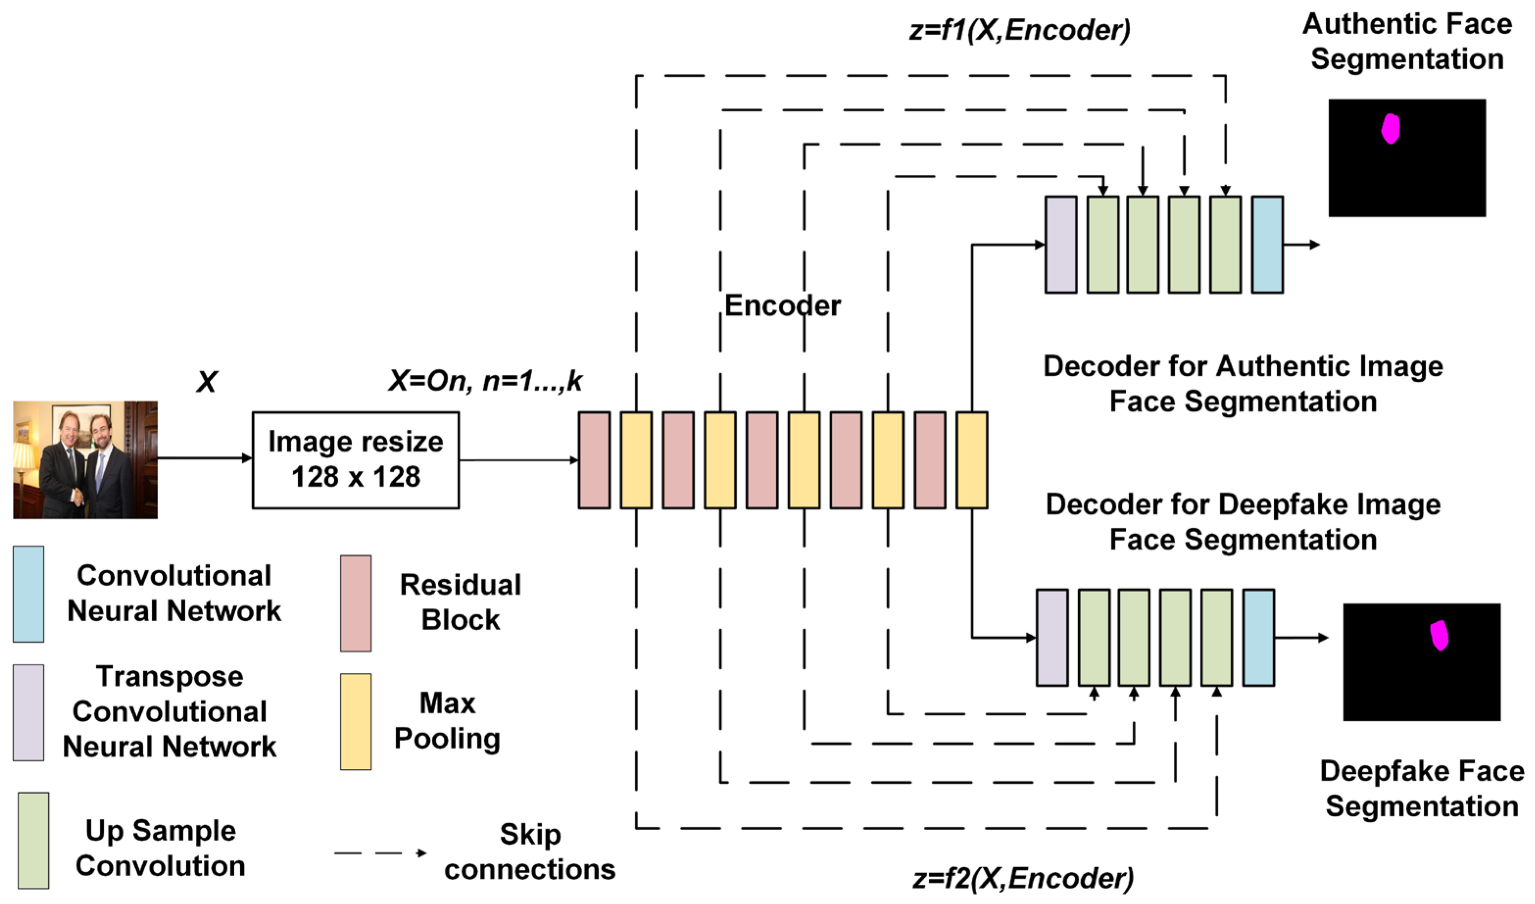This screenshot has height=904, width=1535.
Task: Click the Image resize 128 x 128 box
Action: pyautogui.click(x=356, y=460)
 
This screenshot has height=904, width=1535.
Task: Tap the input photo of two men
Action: pyautogui.click(x=85, y=460)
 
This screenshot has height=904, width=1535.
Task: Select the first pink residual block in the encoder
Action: pyautogui.click(x=594, y=460)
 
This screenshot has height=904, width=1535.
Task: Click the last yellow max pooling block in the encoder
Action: pyautogui.click(x=971, y=460)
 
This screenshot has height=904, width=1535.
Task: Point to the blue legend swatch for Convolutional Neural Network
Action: pyautogui.click(x=28, y=594)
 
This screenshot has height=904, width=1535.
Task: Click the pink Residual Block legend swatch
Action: pyautogui.click(x=356, y=603)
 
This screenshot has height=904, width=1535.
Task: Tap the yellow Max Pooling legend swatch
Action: pyautogui.click(x=356, y=721)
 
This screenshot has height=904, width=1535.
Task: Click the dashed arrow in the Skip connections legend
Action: pyautogui.click(x=381, y=853)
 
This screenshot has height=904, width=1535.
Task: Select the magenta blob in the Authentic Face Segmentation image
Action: pyautogui.click(x=1390, y=129)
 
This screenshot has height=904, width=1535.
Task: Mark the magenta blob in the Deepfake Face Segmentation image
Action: pyautogui.click(x=1439, y=635)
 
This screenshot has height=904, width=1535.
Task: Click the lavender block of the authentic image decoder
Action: pyautogui.click(x=1061, y=245)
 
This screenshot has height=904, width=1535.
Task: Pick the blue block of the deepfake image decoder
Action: pyautogui.click(x=1259, y=638)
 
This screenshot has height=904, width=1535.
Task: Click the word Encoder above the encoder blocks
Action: pyautogui.click(x=782, y=306)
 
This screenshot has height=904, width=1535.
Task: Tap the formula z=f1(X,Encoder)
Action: pyautogui.click(x=1020, y=29)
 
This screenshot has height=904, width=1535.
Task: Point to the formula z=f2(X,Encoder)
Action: pyautogui.click(x=1023, y=878)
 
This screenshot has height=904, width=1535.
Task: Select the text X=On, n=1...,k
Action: pyautogui.click(x=486, y=381)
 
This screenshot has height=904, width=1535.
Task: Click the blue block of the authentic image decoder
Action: pyautogui.click(x=1267, y=245)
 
